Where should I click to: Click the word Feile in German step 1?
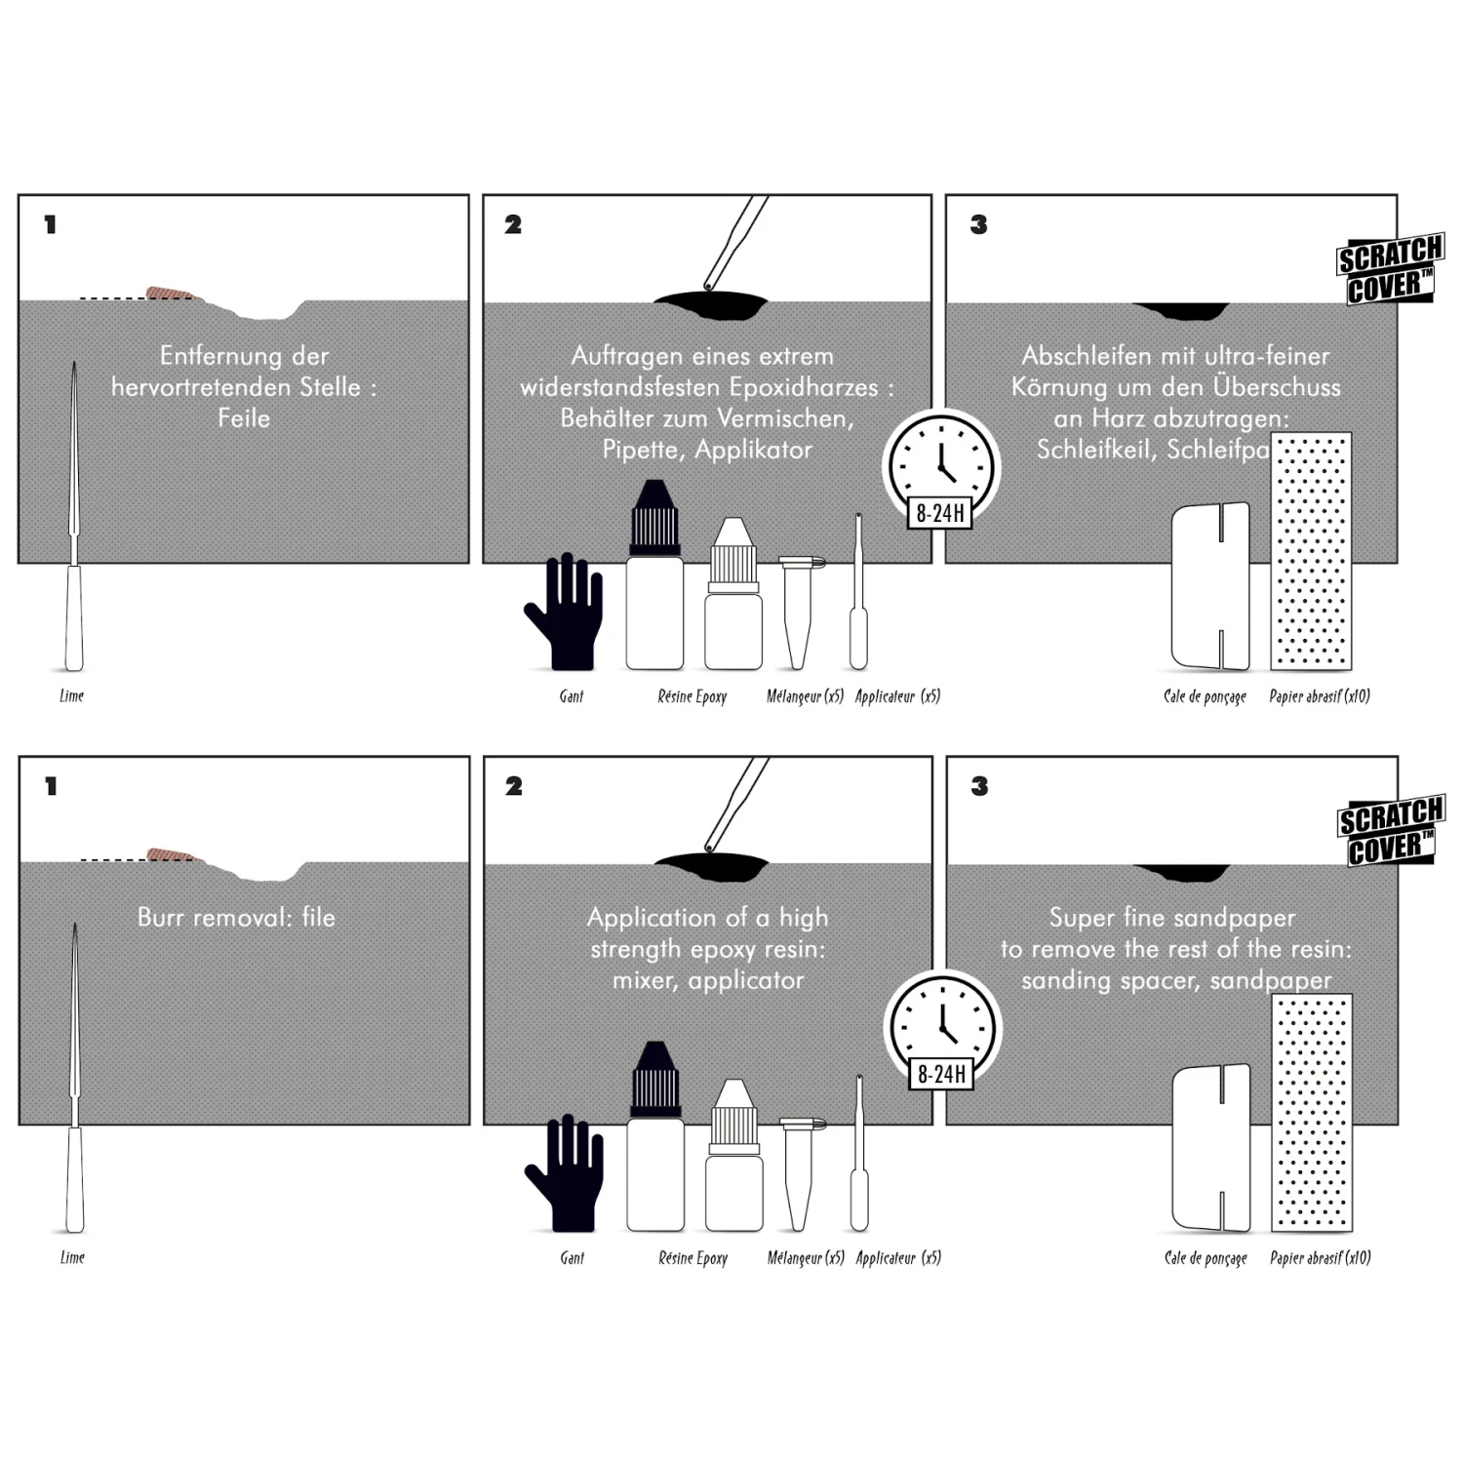pyautogui.click(x=244, y=418)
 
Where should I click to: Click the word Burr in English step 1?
pyautogui.click(x=161, y=918)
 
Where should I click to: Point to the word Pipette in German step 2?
pyautogui.click(x=640, y=450)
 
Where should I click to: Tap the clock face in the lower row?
pyautogui.click(x=942, y=1023)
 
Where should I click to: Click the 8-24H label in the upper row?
pyautogui.click(x=941, y=513)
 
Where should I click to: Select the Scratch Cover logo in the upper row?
pyautogui.click(x=1389, y=270)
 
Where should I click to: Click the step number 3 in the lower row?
pyautogui.click(x=979, y=786)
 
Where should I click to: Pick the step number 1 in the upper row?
pyautogui.click(x=51, y=225)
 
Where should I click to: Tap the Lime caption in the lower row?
pyautogui.click(x=72, y=1257)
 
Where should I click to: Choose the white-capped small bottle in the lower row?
pyautogui.click(x=732, y=1156)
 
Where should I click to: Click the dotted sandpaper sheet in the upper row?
pyautogui.click(x=1311, y=551)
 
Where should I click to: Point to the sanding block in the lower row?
pyautogui.click(x=1210, y=1148)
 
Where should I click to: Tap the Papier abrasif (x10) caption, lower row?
pyautogui.click(x=1320, y=1258)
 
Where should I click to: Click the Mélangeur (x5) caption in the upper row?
pyautogui.click(x=805, y=696)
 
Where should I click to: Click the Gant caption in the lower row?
pyautogui.click(x=573, y=1258)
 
